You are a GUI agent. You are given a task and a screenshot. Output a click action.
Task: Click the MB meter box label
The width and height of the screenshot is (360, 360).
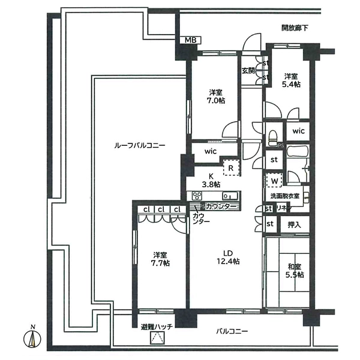[x=190, y=40]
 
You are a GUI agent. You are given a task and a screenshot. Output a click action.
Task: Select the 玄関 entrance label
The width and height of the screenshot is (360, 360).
[x=248, y=70]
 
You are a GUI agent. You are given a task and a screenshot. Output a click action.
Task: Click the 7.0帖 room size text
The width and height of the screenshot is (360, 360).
[x=217, y=101]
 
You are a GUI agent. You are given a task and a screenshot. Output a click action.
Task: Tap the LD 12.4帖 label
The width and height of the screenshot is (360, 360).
[x=228, y=256]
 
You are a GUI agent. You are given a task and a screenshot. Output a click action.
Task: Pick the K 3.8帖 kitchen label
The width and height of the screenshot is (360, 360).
[x=211, y=180]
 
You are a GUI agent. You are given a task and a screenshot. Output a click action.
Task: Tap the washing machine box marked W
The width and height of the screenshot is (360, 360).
[x=274, y=179]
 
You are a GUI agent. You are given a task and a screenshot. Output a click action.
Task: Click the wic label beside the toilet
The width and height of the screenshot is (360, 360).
[x=299, y=131]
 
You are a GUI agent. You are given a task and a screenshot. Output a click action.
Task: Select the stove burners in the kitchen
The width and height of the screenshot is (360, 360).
[x=199, y=196]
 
